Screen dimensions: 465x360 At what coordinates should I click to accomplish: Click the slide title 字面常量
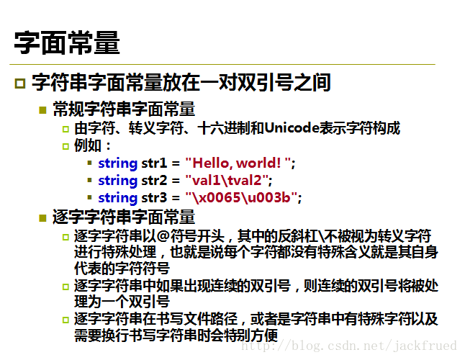coord(67,42)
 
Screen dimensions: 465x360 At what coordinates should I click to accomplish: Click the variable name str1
coord(154,163)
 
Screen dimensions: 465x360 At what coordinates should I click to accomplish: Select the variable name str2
coord(154,180)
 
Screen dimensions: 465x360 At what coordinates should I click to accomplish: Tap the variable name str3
coord(154,197)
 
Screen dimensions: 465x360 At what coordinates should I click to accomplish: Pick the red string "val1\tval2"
coord(227,180)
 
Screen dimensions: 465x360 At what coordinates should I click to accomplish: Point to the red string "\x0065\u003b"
coord(241,197)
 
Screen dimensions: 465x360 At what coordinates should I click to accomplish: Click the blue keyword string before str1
coord(118,163)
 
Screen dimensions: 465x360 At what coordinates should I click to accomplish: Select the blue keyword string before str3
coord(118,198)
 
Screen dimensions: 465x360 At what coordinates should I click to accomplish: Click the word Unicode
coord(292,128)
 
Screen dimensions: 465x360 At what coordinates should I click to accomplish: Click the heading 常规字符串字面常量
coord(124,109)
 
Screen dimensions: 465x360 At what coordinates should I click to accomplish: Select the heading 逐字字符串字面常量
coord(124,217)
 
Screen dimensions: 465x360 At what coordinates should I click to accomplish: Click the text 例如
coord(88,145)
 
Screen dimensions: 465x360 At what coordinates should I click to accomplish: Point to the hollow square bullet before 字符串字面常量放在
coord(20,83)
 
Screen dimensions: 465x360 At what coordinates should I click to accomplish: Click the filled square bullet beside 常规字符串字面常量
coord(42,110)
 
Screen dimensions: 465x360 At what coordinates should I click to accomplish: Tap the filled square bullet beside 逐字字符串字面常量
coord(42,218)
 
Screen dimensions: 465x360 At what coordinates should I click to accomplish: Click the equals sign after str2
coord(176,181)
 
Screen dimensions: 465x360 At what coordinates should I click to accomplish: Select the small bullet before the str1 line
coord(89,163)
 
